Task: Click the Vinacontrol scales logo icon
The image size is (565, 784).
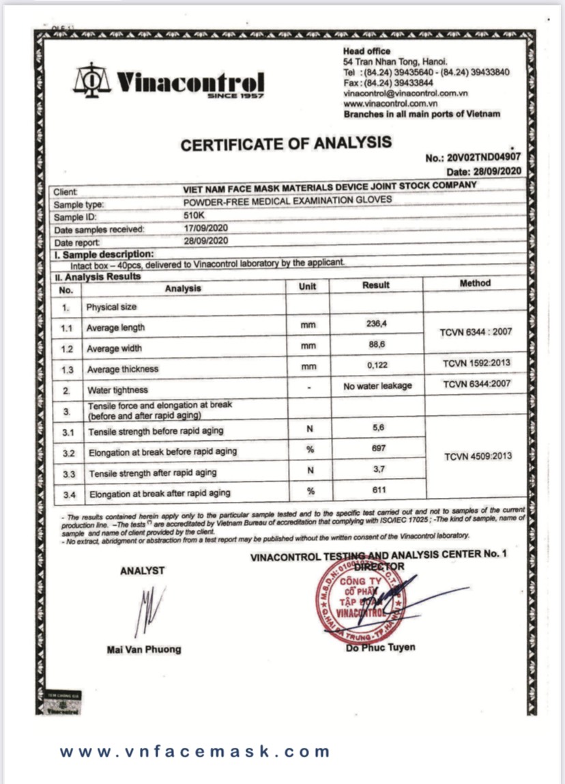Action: tap(91, 81)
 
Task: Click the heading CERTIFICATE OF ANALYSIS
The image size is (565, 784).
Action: tap(287, 143)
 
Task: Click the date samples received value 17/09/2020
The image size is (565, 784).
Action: tap(205, 229)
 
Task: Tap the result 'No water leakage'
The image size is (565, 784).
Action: tap(377, 386)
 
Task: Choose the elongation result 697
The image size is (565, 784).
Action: tap(377, 449)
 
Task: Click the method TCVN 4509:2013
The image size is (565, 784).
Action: tap(477, 456)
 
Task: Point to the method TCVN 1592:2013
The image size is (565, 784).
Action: tap(476, 363)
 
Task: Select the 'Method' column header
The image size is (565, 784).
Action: tap(475, 283)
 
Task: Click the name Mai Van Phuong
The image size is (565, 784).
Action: tap(144, 649)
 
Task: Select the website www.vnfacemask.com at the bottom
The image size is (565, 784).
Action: tap(195, 751)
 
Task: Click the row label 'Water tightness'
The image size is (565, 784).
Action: tap(117, 391)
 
